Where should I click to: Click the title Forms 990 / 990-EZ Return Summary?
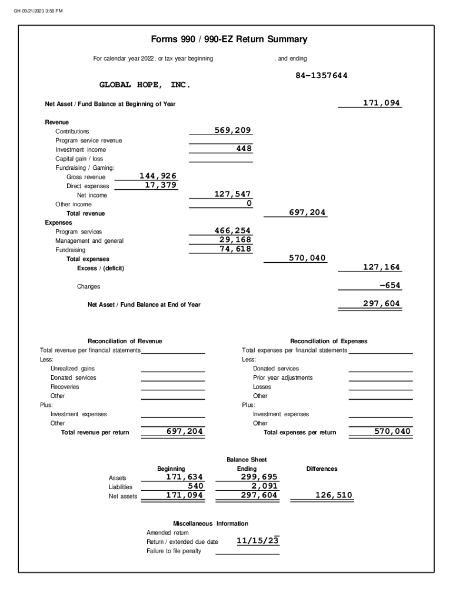tap(229, 40)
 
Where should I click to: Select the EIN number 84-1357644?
tap(321, 76)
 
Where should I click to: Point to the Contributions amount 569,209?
tap(232, 131)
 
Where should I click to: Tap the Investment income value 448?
tap(244, 149)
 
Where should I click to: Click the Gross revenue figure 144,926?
tap(158, 176)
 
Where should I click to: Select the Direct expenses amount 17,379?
tap(161, 185)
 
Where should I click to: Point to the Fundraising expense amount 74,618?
tap(235, 249)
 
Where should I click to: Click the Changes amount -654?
tap(389, 286)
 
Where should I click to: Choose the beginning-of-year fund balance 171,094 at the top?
tap(381, 103)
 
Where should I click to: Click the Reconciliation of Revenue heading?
tap(125, 341)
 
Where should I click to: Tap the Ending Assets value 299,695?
tap(259, 477)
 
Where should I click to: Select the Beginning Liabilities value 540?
tap(195, 486)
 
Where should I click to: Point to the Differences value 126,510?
tap(334, 496)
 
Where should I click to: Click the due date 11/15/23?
tap(257, 541)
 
